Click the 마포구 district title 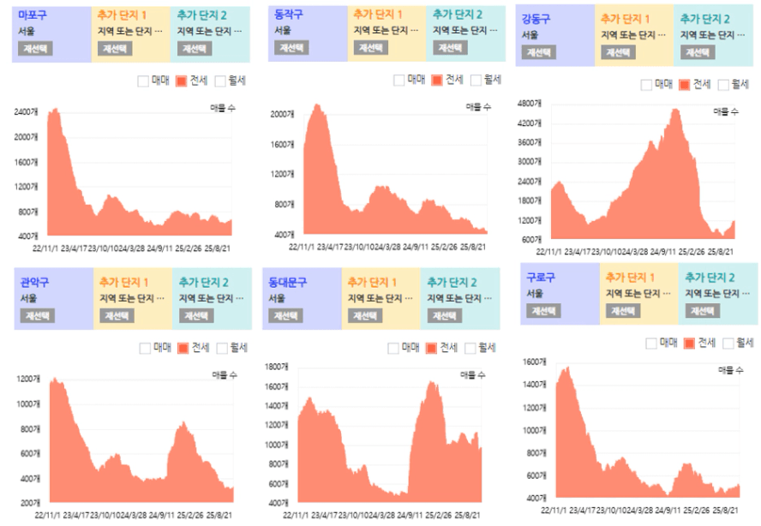[x=33, y=15]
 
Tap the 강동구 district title [x=537, y=18]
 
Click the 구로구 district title [x=542, y=278]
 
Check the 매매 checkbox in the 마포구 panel [x=143, y=81]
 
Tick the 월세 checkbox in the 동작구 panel [x=472, y=81]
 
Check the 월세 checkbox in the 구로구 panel [x=728, y=344]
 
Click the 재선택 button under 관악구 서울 [x=37, y=315]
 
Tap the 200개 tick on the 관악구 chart [x=29, y=502]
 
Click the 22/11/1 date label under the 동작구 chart [x=304, y=247]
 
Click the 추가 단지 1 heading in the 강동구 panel [x=625, y=19]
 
